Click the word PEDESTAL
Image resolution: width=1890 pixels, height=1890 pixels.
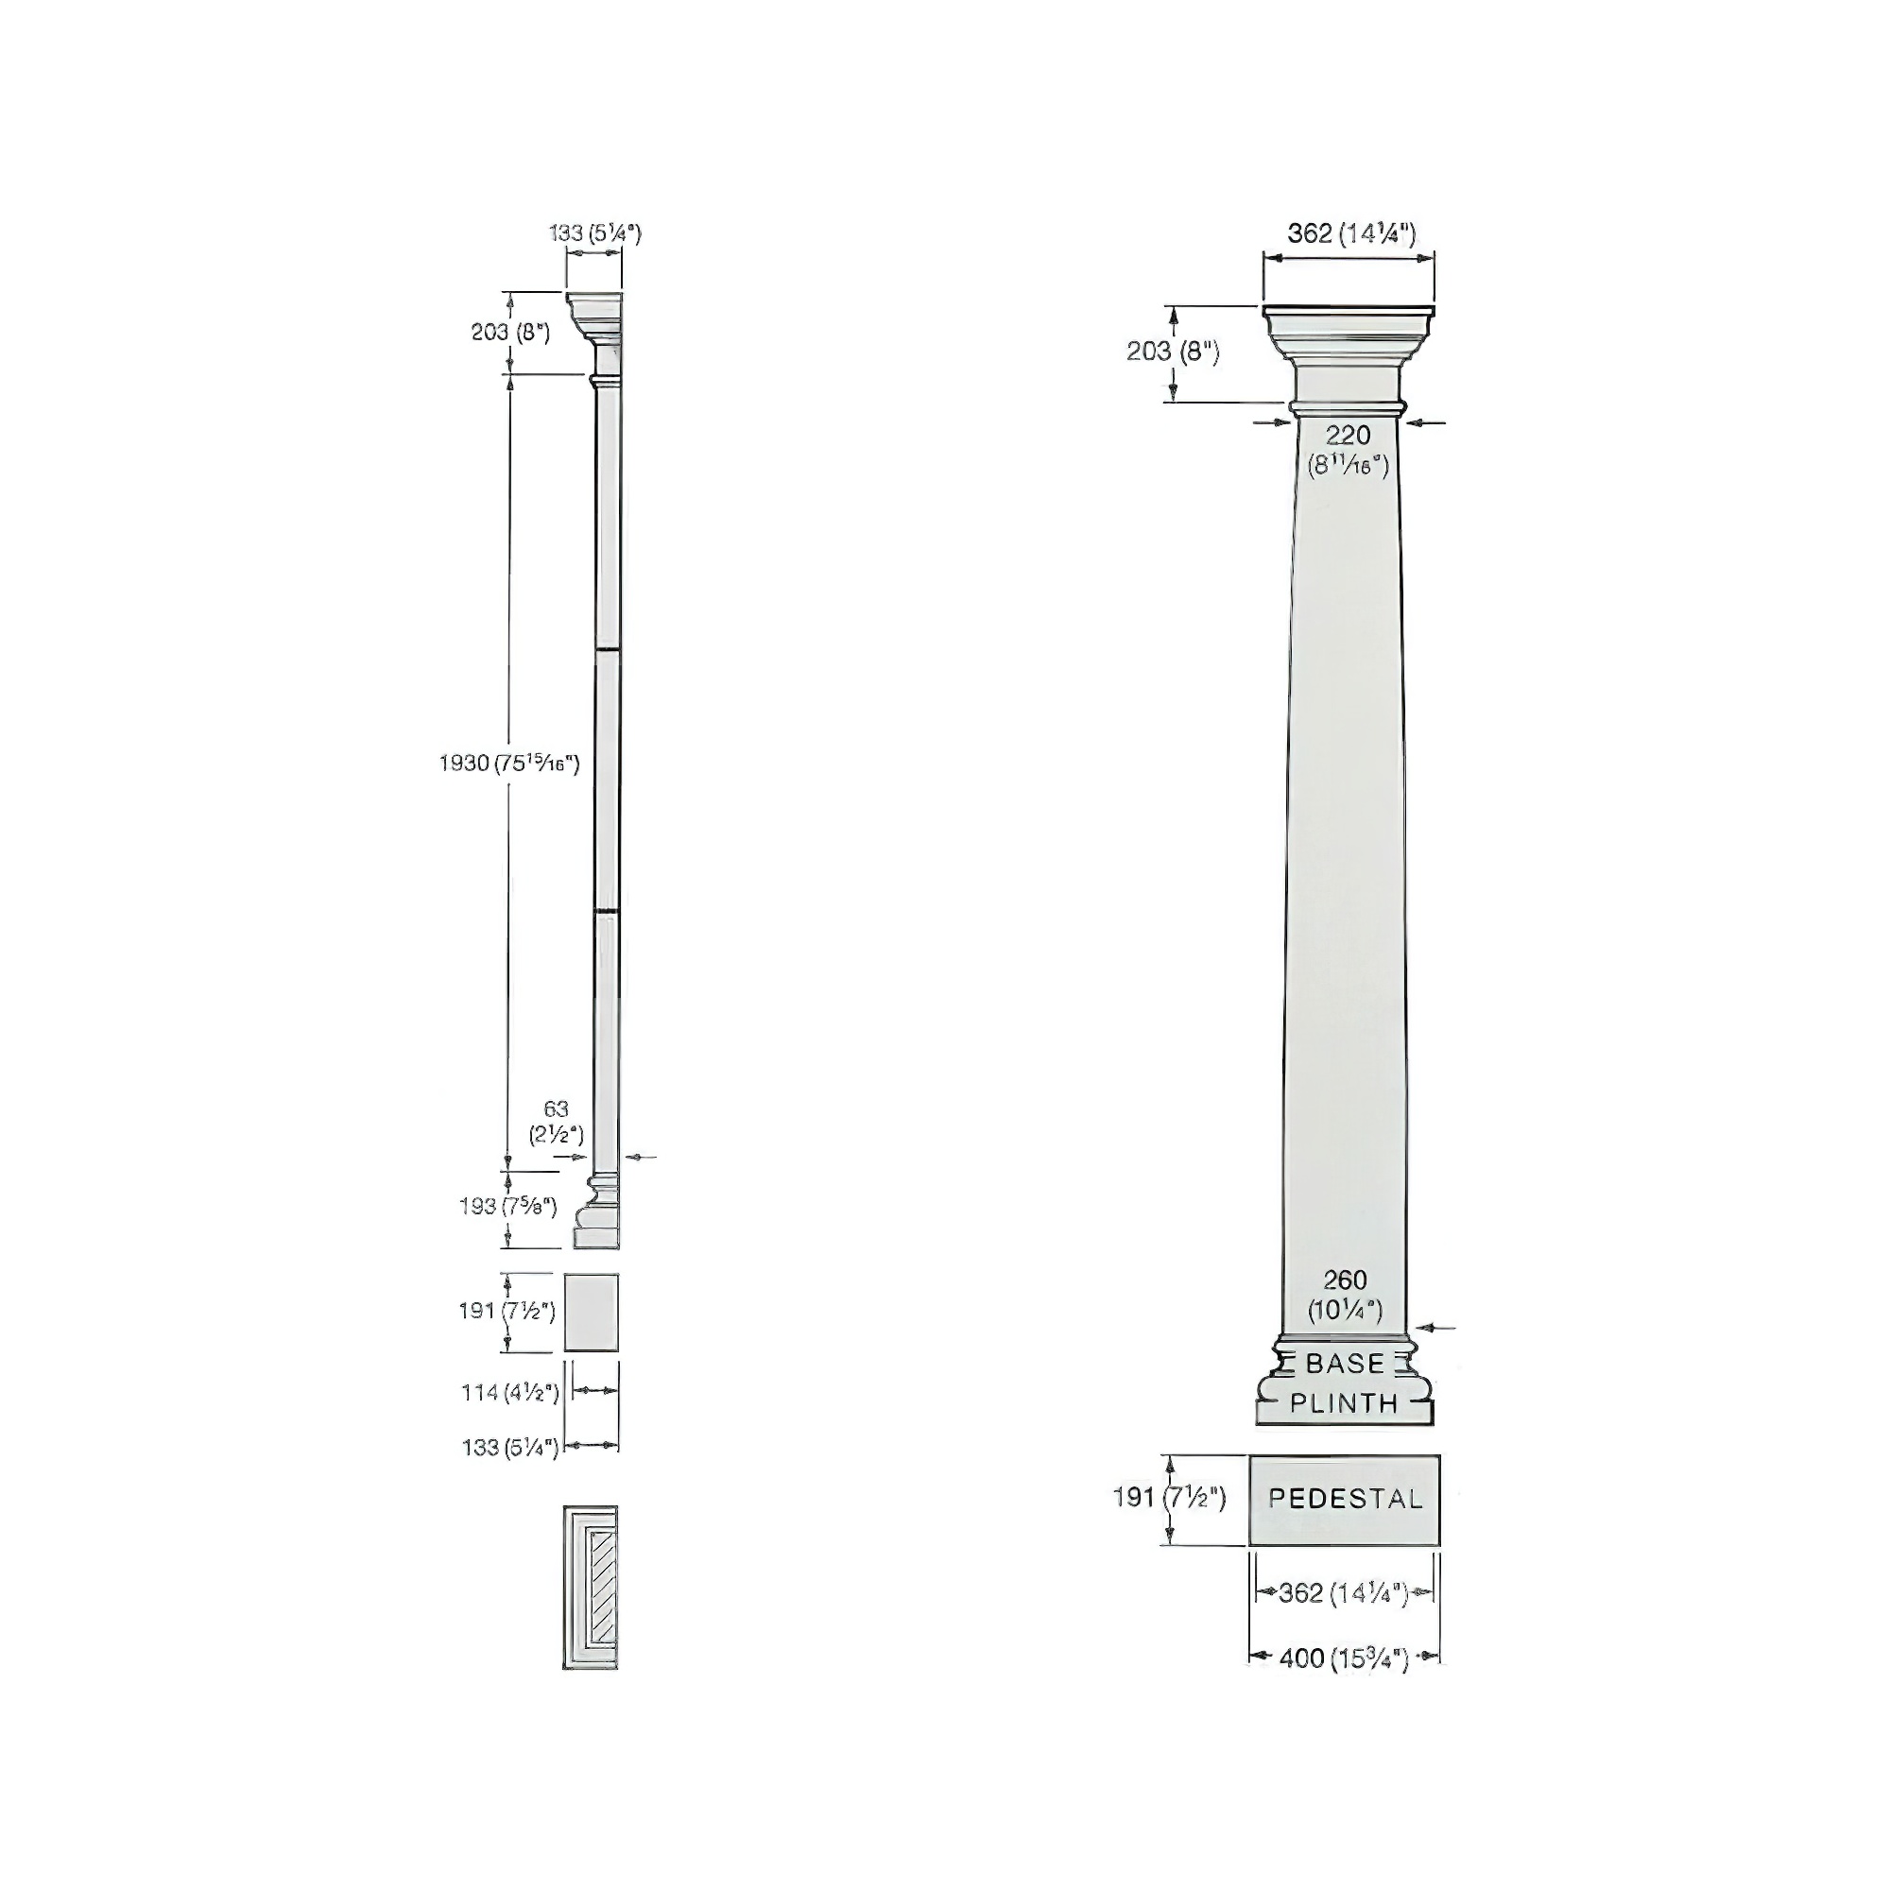[1345, 1499]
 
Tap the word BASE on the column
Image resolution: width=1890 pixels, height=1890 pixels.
[1345, 1363]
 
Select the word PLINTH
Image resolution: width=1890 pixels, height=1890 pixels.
[1344, 1402]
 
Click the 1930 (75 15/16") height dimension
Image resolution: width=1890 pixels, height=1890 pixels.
[509, 763]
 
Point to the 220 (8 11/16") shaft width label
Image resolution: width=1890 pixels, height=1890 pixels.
[1349, 449]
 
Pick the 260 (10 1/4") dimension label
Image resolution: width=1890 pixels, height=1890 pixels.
[1345, 1295]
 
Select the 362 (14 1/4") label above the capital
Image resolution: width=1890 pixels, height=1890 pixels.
[1351, 233]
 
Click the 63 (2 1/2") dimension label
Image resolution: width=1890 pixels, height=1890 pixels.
[556, 1122]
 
